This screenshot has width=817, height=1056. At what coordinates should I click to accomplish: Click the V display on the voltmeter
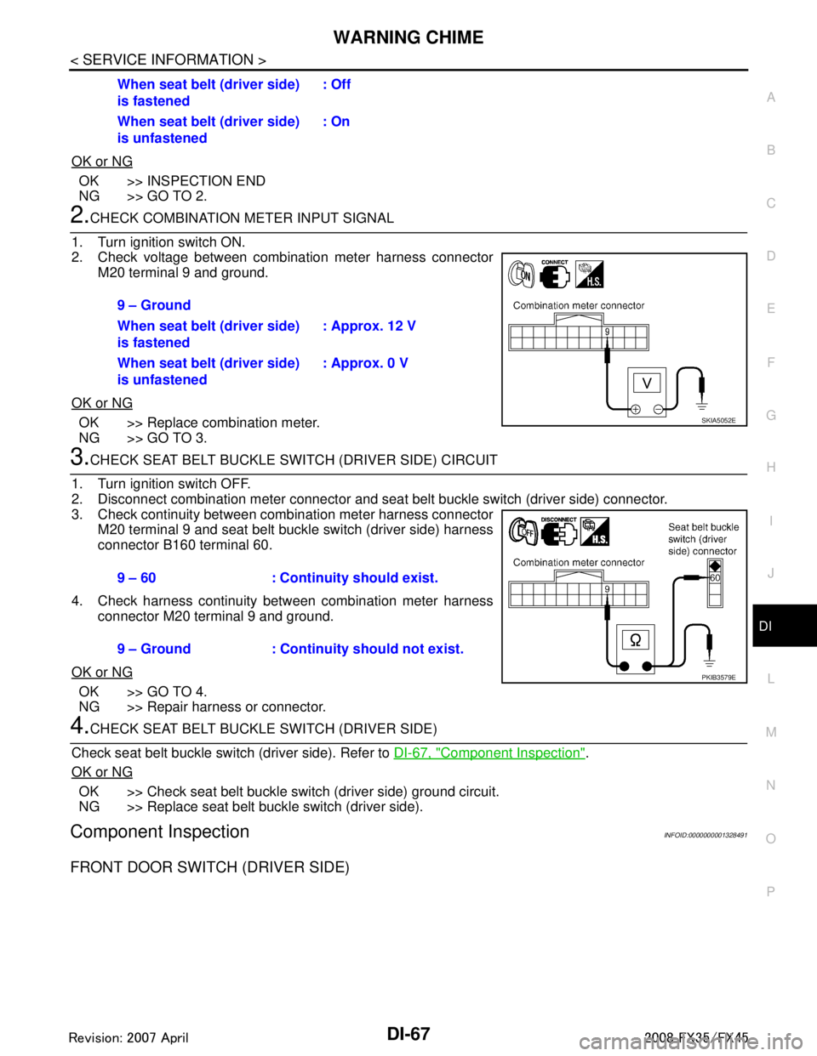pos(647,383)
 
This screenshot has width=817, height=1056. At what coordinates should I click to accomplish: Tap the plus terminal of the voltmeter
pos(635,410)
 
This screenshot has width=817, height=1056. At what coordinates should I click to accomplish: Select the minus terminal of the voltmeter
pos(659,410)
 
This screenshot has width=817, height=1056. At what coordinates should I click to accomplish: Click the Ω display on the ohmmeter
pos(635,640)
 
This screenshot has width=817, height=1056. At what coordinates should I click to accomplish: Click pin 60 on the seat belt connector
pos(715,578)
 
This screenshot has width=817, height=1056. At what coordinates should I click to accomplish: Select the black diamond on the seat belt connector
pos(715,565)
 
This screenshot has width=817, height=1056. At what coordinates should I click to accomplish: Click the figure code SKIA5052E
pos(717,420)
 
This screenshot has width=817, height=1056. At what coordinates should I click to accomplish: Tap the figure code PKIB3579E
pos(717,678)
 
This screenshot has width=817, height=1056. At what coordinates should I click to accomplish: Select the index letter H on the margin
pos(770,467)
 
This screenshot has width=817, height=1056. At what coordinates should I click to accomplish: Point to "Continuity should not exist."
pos(371,650)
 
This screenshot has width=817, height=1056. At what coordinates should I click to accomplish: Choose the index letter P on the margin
pos(770,891)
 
